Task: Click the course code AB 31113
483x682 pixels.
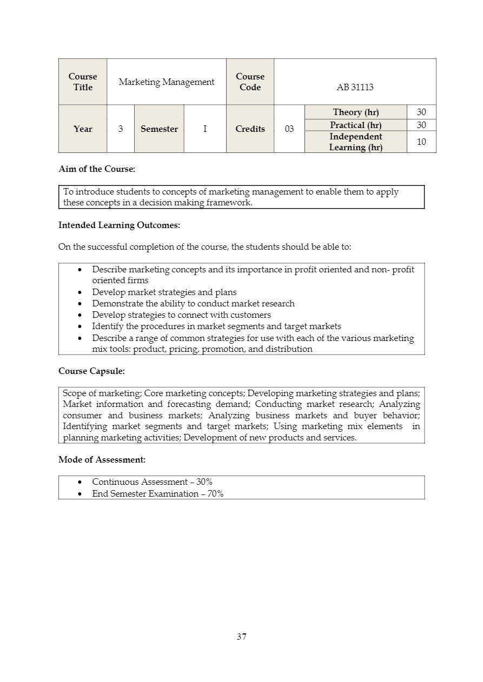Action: tap(355, 87)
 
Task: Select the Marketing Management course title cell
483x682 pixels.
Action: tap(167, 82)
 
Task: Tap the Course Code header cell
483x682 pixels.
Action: tap(250, 82)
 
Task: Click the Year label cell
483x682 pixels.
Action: tap(83, 129)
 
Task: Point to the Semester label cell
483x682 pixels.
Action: tap(159, 129)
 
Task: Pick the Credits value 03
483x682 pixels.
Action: tap(289, 129)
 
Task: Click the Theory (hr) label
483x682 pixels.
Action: tap(355, 112)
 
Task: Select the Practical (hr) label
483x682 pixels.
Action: tap(355, 125)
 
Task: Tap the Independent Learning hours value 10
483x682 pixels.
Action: tap(421, 142)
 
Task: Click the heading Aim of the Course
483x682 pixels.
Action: tap(97, 169)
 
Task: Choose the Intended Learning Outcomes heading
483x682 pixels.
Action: tap(119, 225)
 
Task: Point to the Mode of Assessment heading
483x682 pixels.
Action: tap(102, 460)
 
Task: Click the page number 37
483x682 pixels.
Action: tap(241, 637)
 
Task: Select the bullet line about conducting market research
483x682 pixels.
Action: tap(193, 304)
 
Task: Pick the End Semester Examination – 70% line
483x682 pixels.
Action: tap(157, 493)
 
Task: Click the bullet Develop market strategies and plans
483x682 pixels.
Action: tap(164, 292)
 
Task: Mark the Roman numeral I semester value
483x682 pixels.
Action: tap(205, 129)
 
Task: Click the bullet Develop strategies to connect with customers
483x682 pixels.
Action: tap(181, 315)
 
